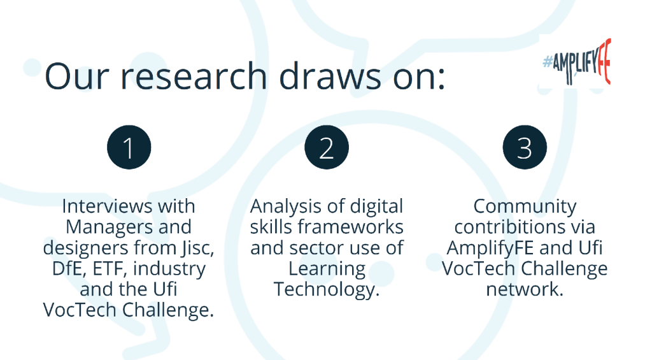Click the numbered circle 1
coord(129,148)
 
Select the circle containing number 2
coord(327,148)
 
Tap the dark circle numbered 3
coord(525,148)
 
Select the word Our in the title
coord(75,76)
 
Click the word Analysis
coord(286,206)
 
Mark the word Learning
coord(327,269)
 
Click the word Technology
coord(327,289)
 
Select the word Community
coord(525,206)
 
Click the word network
coord(525,289)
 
